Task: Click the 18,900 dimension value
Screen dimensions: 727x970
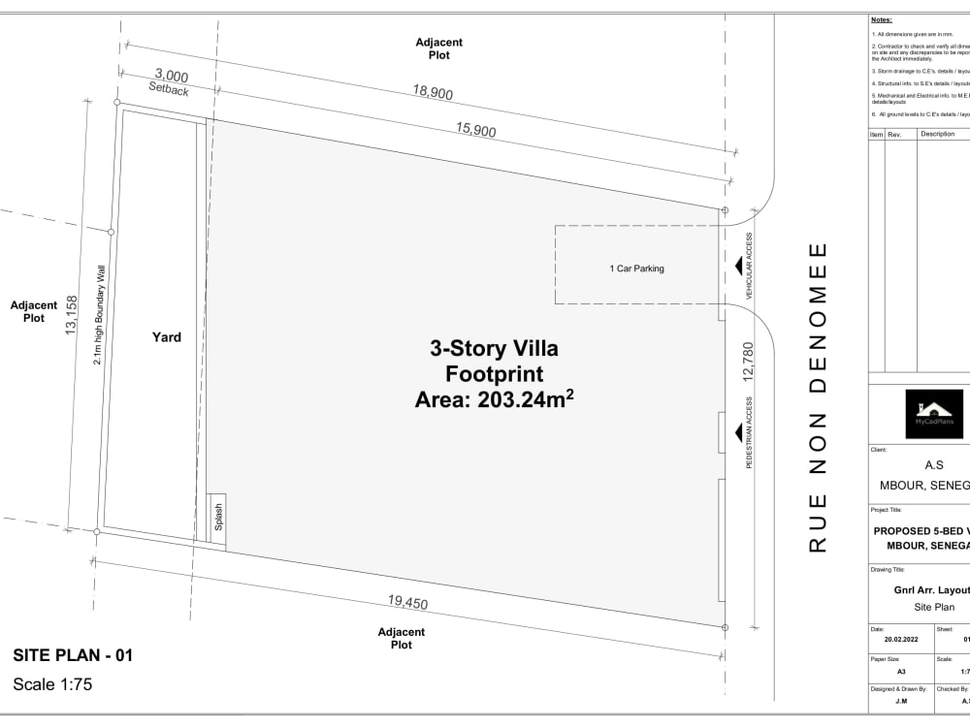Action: click(x=432, y=92)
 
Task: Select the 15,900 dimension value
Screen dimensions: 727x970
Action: click(x=476, y=131)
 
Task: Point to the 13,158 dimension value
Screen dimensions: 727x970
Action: click(x=70, y=316)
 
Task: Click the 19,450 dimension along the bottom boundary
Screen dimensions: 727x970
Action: click(x=407, y=602)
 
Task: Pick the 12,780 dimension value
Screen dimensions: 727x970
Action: click(x=748, y=361)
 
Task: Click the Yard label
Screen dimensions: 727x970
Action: click(x=166, y=337)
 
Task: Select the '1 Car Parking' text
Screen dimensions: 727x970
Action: click(x=636, y=269)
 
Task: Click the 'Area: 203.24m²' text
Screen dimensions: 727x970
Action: click(x=494, y=398)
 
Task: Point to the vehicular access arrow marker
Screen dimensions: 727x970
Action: click(x=738, y=267)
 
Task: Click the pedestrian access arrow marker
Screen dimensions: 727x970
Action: click(x=738, y=432)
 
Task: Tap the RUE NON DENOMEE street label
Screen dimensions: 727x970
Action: click(x=818, y=397)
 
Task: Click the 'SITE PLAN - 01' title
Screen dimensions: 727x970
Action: click(x=73, y=655)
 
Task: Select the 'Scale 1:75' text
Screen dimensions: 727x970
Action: click(x=52, y=684)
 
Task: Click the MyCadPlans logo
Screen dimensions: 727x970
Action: click(x=933, y=414)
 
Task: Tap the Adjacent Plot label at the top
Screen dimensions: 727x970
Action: click(x=438, y=48)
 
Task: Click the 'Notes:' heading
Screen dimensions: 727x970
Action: click(x=881, y=19)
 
